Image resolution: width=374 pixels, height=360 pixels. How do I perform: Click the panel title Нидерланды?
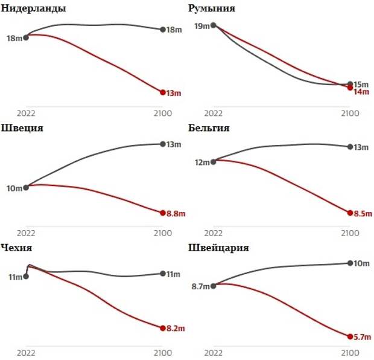tap(34, 9)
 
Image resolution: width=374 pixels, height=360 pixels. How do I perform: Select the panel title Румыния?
tap(212, 9)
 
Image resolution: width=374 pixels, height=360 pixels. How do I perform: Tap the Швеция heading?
tap(22, 128)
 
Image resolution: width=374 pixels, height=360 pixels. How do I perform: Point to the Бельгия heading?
tap(209, 128)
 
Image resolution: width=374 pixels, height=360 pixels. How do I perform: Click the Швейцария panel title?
tap(219, 248)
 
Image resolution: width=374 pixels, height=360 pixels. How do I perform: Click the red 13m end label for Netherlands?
tap(173, 93)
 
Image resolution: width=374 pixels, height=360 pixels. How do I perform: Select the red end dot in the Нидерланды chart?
tap(163, 92)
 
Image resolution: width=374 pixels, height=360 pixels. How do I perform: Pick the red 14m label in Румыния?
tap(361, 92)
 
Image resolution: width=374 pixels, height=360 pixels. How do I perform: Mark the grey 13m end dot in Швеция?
tap(163, 144)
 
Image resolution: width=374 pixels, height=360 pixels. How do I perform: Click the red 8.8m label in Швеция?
tap(176, 213)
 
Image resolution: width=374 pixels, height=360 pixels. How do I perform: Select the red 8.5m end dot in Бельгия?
tap(350, 213)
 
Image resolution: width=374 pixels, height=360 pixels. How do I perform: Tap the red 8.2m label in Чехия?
tap(175, 329)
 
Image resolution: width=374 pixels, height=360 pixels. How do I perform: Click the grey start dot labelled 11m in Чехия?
tap(26, 277)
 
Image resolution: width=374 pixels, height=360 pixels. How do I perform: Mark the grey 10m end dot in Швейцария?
tap(350, 263)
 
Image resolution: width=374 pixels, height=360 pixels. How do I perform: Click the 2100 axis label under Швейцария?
tap(350, 352)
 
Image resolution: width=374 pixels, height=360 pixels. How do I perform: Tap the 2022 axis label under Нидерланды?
tap(26, 113)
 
